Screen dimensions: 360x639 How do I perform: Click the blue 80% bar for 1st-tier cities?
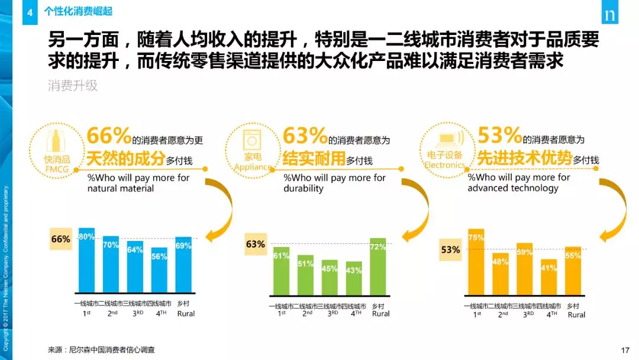[86, 261]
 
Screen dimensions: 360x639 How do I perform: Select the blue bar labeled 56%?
[159, 271]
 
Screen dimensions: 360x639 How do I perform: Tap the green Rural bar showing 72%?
[377, 266]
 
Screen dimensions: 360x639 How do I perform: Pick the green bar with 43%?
[354, 278]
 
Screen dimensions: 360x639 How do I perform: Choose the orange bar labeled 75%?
[476, 261]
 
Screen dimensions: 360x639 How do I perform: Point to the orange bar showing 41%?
[549, 276]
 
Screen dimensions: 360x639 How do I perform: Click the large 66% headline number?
[109, 136]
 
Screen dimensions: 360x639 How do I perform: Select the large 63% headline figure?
[305, 136]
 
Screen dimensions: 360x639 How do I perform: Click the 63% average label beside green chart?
[256, 244]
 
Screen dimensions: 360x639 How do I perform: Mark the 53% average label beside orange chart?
[450, 250]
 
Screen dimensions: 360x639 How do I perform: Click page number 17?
[625, 350]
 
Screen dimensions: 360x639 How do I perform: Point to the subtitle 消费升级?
[73, 86]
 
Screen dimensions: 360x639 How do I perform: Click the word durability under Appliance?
[304, 188]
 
